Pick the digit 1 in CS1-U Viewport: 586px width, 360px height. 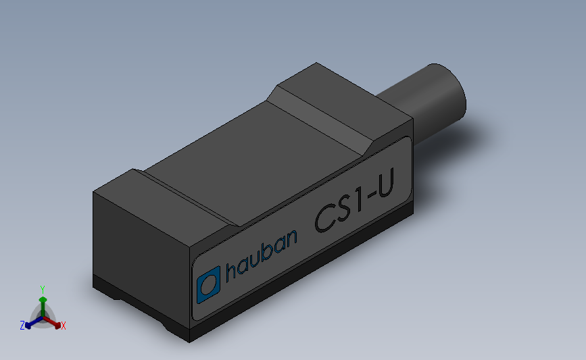tap(361, 202)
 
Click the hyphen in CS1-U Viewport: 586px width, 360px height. tap(372, 199)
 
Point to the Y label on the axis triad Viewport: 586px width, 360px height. tap(42, 289)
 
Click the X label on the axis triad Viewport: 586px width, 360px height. tap(64, 326)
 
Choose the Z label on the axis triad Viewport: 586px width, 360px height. tap(22, 326)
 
